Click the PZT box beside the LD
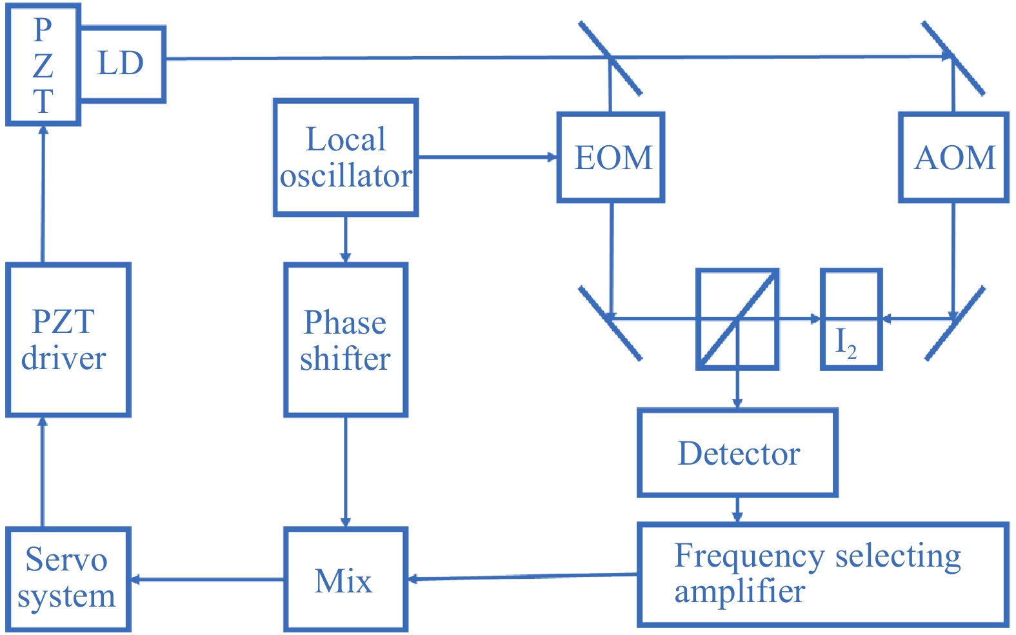(x=43, y=65)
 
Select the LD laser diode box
(x=122, y=64)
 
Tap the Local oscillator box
(x=346, y=157)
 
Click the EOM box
(x=611, y=157)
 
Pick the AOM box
(x=953, y=157)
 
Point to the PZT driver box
(x=68, y=339)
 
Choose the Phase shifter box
(x=346, y=339)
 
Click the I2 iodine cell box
(x=851, y=319)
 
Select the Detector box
(x=737, y=452)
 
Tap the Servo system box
(x=68, y=579)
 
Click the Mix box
(x=346, y=579)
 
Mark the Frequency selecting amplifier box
(x=822, y=574)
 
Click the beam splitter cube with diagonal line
(x=737, y=319)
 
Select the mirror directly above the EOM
(x=610, y=58)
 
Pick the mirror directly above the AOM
(x=953, y=58)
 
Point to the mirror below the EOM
(x=610, y=323)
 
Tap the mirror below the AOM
(x=955, y=323)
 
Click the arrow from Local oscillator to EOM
(x=487, y=157)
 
